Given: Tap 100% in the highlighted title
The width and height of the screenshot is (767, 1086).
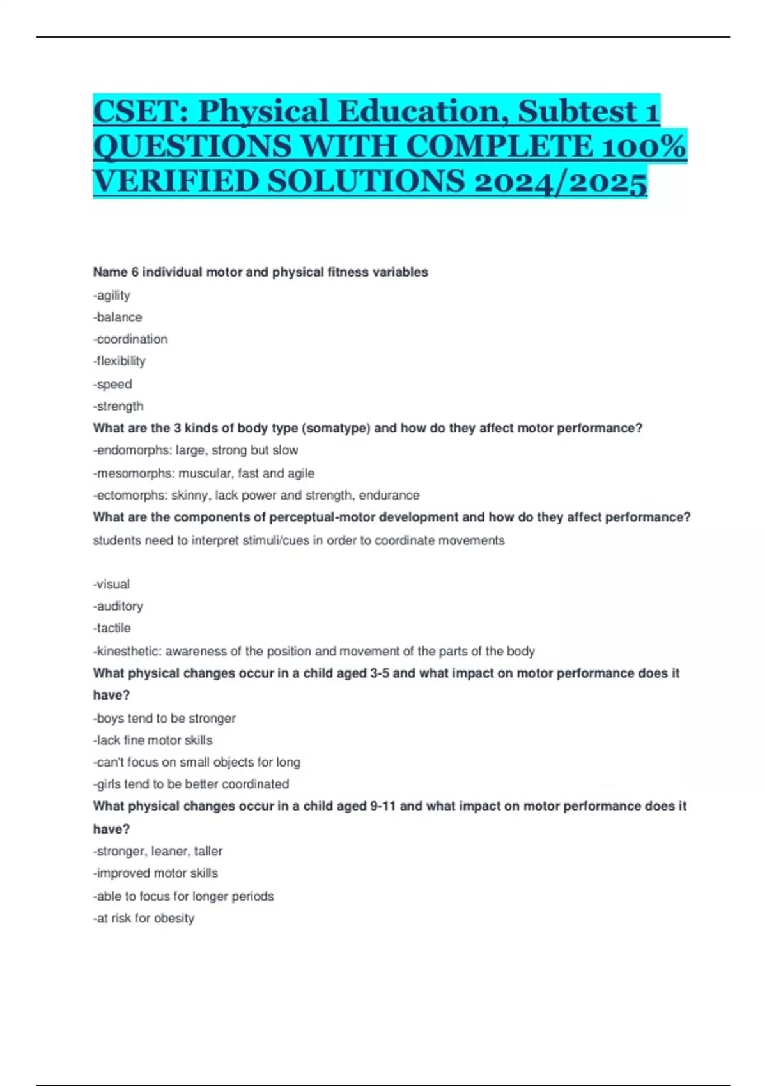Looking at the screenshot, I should pos(646,146).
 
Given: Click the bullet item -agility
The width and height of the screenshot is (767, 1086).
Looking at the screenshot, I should pos(112,295).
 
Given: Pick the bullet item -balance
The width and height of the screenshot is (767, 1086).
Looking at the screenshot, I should pos(118,317).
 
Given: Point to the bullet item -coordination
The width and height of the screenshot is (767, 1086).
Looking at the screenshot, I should pos(130,339).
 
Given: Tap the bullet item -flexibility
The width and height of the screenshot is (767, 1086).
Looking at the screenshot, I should pos(120,361).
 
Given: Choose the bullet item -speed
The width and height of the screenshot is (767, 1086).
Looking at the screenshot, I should pos(112,384).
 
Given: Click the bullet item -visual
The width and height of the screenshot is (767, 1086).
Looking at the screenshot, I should pos(112,584).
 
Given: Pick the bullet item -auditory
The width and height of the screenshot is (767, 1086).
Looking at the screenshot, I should pos(118,606).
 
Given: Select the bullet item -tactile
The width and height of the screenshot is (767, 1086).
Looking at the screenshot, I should pos(112,628).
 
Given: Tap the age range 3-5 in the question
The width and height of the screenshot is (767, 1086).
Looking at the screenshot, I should pos(380,673).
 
